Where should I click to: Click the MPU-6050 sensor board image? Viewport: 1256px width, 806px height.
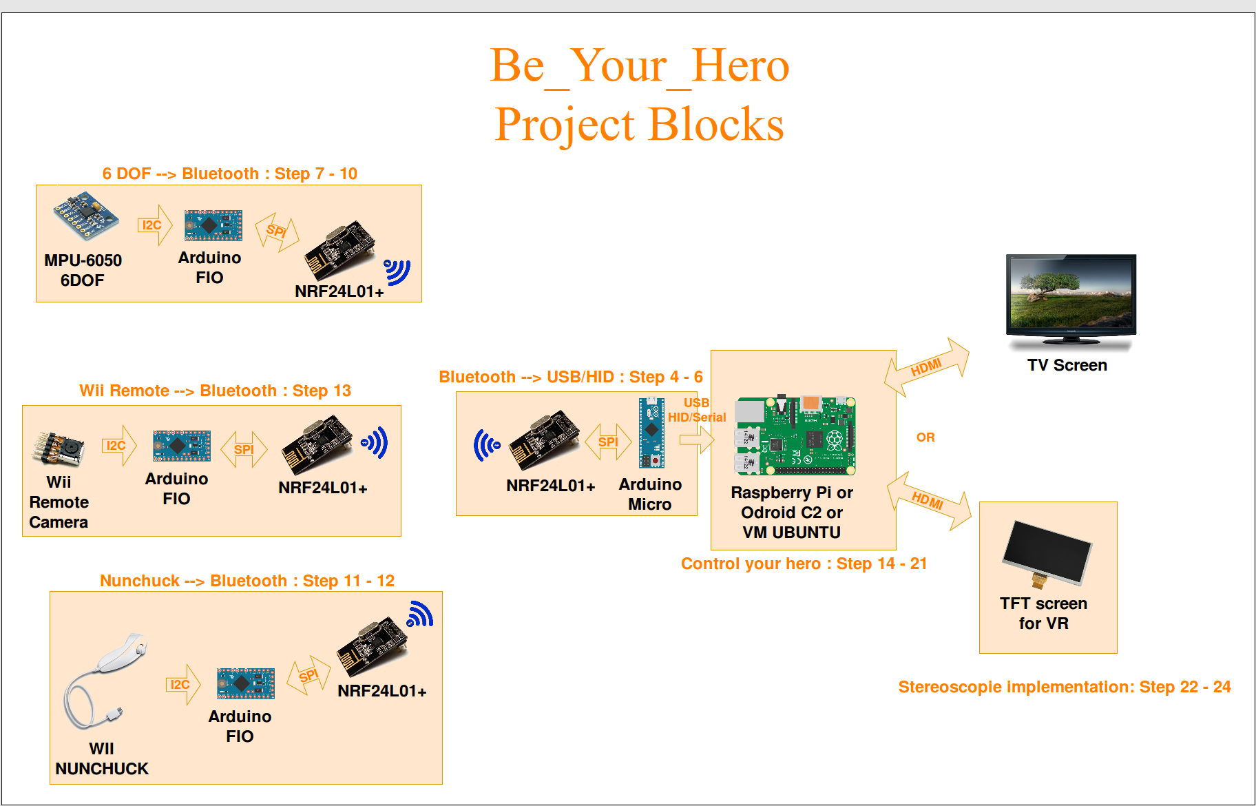[86, 216]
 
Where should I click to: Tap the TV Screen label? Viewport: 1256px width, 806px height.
[1067, 365]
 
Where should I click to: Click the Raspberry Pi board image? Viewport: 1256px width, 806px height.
[795, 436]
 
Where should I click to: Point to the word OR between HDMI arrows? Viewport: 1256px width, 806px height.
[925, 437]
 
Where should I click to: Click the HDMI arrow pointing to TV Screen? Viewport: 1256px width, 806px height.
[927, 367]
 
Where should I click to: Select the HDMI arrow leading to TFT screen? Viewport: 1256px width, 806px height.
[929, 501]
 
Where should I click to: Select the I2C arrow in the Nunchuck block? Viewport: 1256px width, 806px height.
[182, 684]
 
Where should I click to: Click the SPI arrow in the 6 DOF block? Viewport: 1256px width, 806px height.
[277, 231]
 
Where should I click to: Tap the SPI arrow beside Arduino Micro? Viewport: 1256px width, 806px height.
[608, 442]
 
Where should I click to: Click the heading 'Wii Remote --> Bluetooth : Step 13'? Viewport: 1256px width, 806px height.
[215, 391]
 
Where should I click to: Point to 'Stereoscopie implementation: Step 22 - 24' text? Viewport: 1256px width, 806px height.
[1064, 687]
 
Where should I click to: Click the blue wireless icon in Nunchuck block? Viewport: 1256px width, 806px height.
[419, 614]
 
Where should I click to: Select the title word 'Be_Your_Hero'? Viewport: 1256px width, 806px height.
[639, 66]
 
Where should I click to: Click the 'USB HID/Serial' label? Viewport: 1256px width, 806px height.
[696, 410]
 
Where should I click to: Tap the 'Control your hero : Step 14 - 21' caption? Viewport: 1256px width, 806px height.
[804, 564]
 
